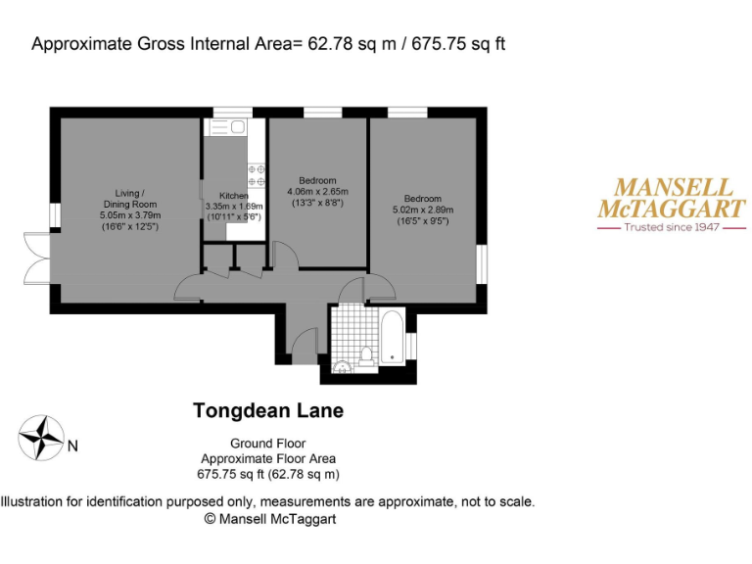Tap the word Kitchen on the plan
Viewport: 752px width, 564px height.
234,196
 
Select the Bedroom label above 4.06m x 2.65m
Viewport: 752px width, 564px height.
317,180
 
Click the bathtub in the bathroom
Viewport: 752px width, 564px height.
392,337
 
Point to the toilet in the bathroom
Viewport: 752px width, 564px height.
366,354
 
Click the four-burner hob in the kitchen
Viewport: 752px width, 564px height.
257,175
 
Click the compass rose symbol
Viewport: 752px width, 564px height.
42,439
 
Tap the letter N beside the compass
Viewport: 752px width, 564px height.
72,447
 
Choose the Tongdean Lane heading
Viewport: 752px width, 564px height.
268,411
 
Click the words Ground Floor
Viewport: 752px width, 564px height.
267,443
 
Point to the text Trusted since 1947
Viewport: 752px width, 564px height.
672,227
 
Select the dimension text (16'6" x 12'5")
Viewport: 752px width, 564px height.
129,226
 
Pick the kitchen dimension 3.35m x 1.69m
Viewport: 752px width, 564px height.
234,207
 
